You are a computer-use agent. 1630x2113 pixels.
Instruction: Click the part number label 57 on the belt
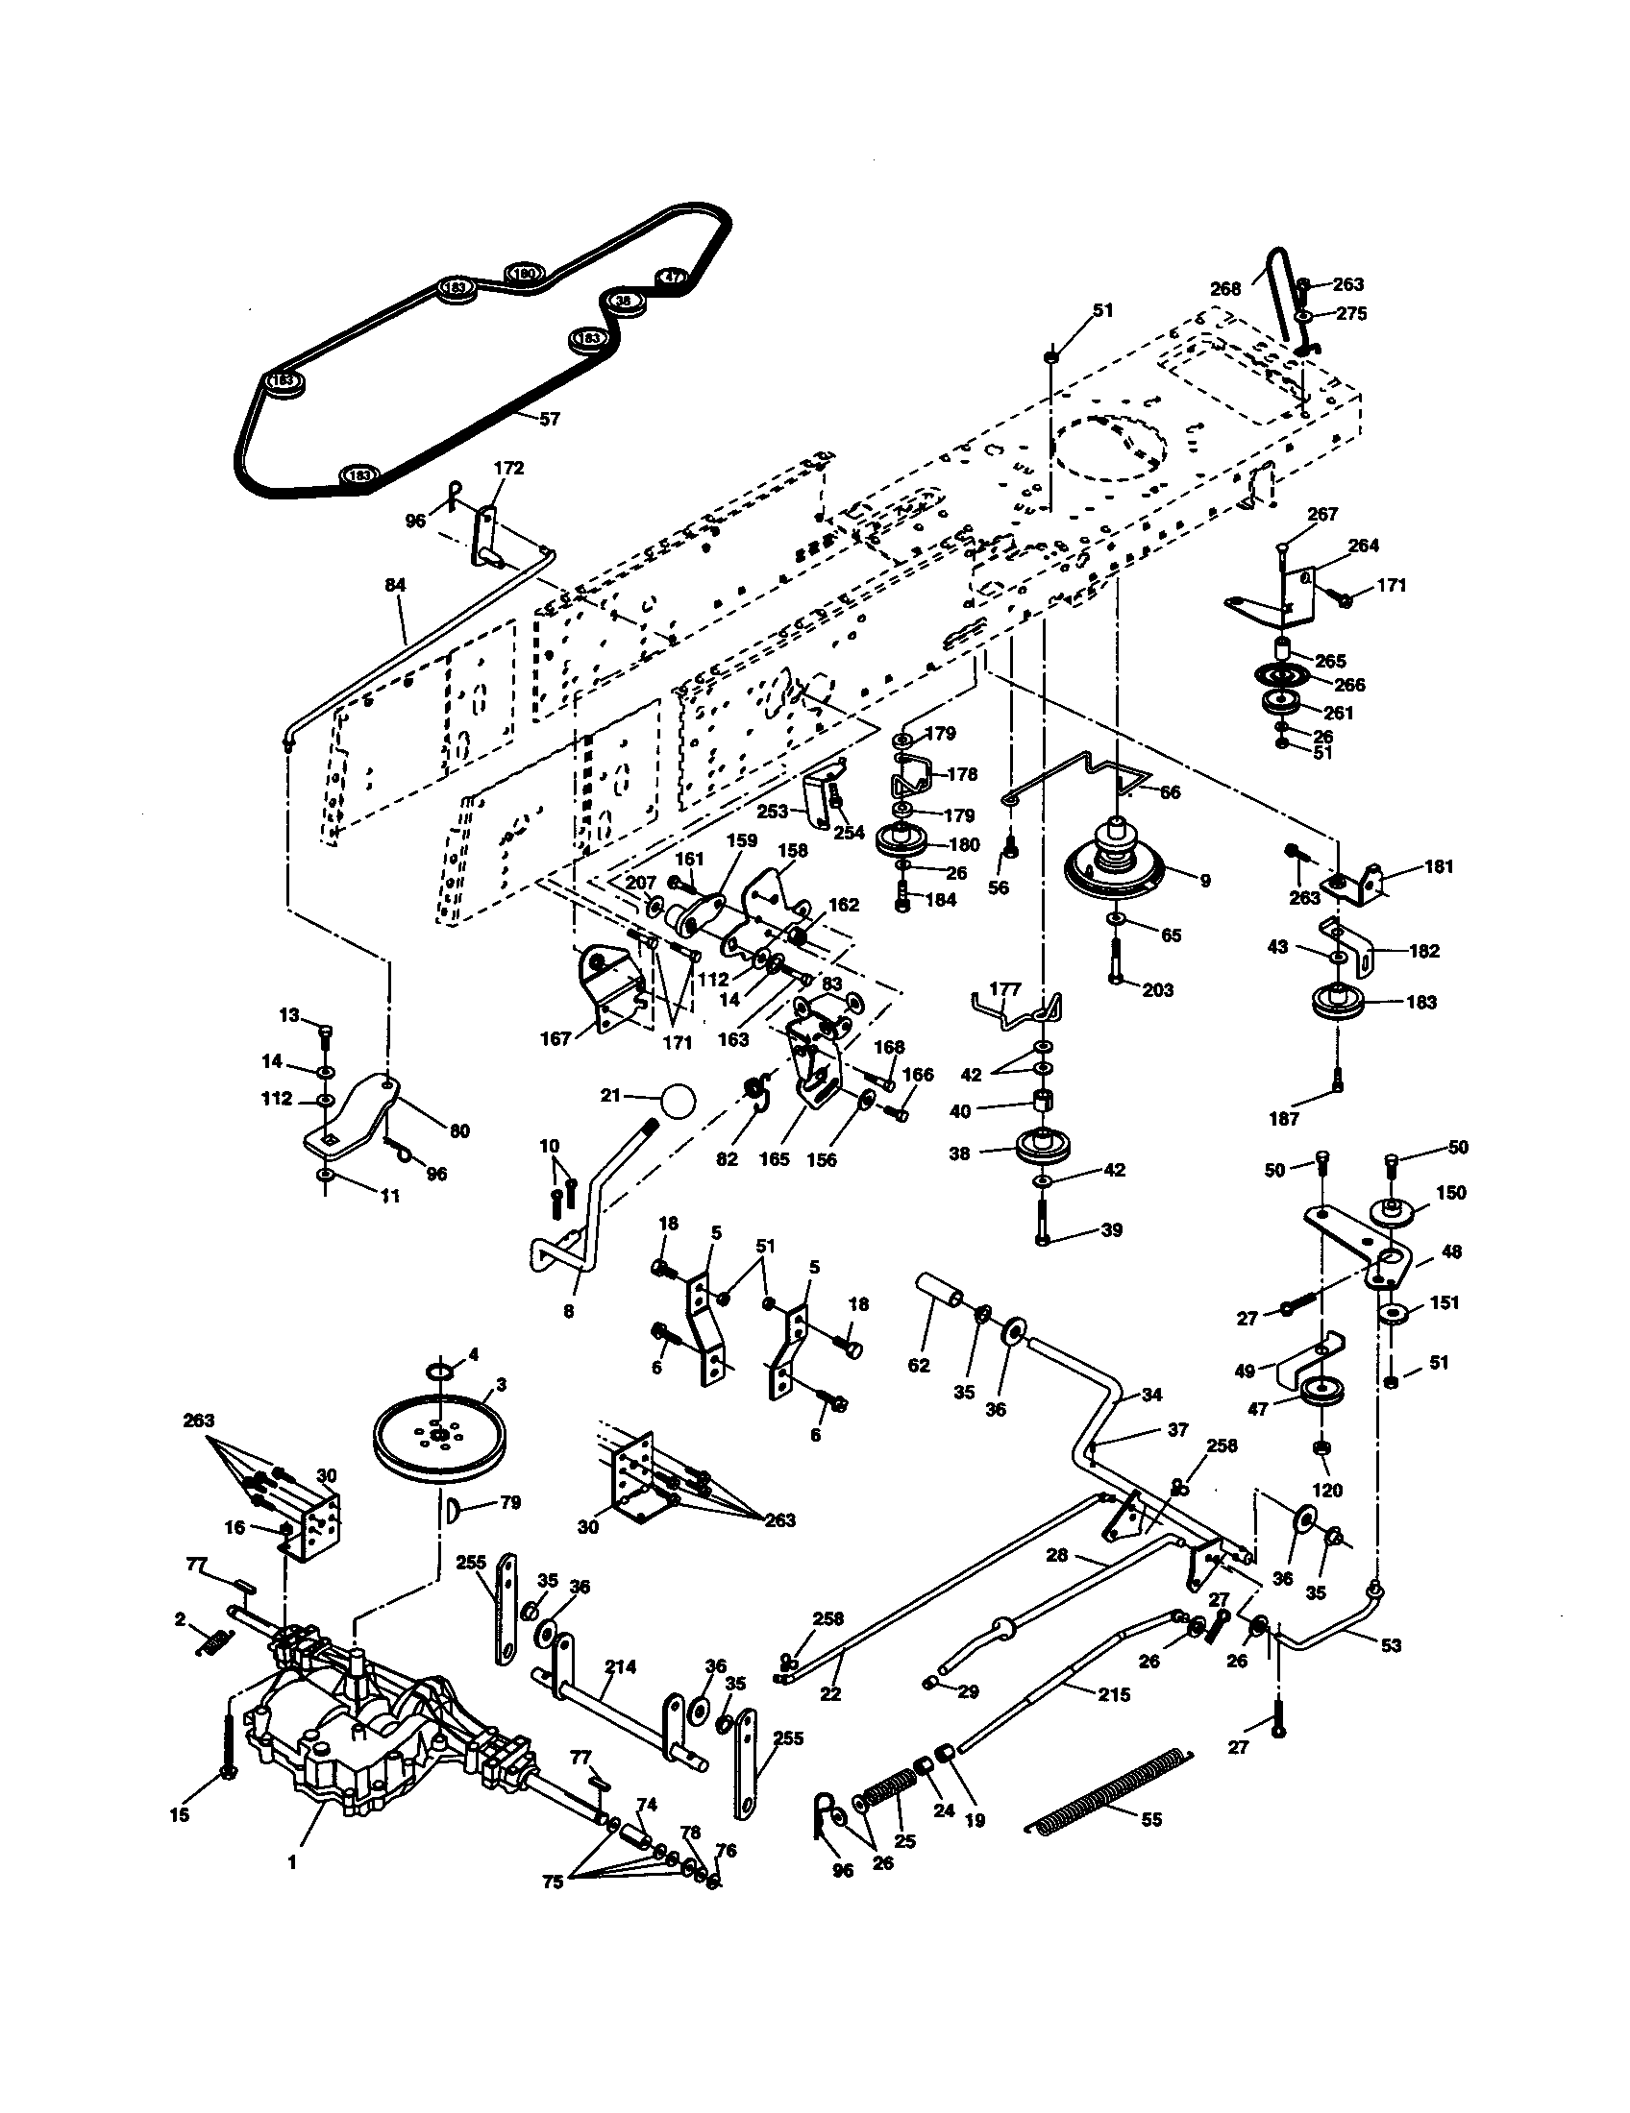pos(549,420)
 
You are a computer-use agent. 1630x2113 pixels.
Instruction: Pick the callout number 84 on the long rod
pos(395,585)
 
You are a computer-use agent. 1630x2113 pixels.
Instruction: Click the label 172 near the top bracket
pos(508,469)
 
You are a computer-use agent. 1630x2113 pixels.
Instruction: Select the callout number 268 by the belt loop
pos(1225,288)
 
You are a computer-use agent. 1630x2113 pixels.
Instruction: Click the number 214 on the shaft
pos(621,1666)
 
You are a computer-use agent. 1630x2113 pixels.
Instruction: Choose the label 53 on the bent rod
pos(1391,1645)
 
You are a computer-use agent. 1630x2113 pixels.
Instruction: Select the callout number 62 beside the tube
pos(919,1365)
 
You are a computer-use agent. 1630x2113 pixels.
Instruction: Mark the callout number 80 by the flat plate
pos(459,1130)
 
